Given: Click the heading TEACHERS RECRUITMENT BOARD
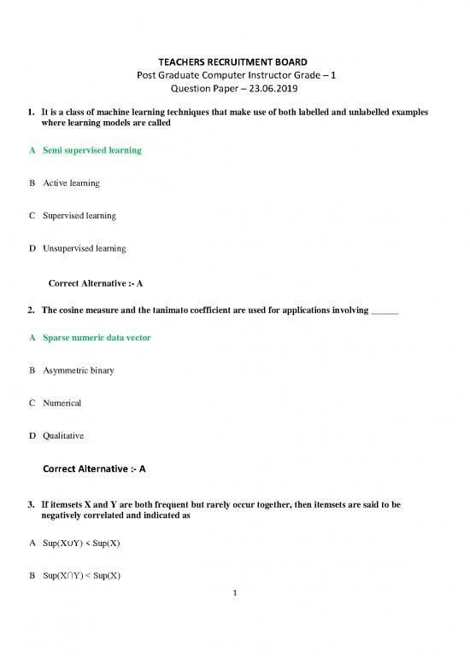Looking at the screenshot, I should tap(234, 62).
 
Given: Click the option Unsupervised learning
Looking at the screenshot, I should tap(85, 248).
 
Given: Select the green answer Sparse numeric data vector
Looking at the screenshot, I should tap(97, 338).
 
